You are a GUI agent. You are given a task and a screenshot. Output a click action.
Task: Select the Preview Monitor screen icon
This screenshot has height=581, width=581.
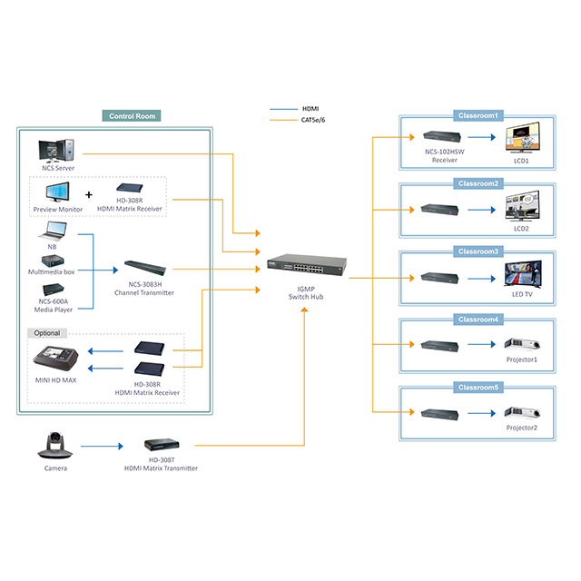(x=58, y=192)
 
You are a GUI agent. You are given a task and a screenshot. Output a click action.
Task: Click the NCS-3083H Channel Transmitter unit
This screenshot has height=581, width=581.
(x=144, y=268)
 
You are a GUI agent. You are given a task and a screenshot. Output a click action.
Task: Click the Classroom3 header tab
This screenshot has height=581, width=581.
(x=478, y=251)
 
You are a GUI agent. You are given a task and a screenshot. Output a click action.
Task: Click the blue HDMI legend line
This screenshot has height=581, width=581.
(x=283, y=110)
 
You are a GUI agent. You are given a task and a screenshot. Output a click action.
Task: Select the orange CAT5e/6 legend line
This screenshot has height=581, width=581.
(x=283, y=120)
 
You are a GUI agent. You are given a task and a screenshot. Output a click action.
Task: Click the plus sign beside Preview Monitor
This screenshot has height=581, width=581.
(x=88, y=194)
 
